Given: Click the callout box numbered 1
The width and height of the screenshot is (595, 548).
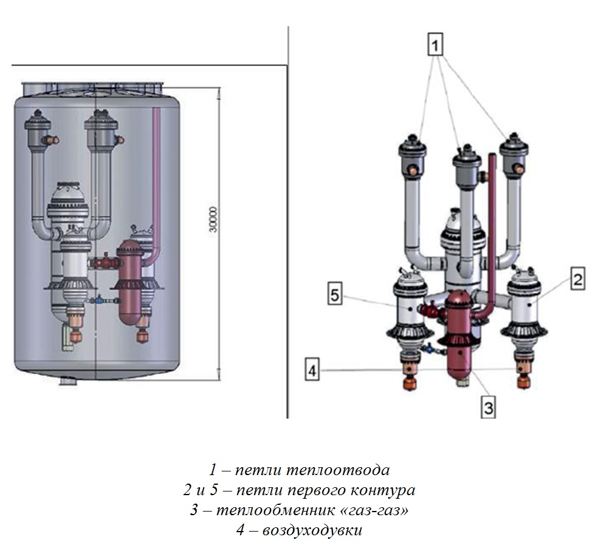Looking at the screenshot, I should (435, 45).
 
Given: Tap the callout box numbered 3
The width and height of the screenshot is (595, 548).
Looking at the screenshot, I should (487, 408).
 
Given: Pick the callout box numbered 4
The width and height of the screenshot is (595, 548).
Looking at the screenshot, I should (312, 370).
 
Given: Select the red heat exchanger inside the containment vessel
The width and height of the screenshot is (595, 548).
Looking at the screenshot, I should (128, 279).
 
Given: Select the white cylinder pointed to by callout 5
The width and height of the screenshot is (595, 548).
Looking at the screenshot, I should (409, 307).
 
